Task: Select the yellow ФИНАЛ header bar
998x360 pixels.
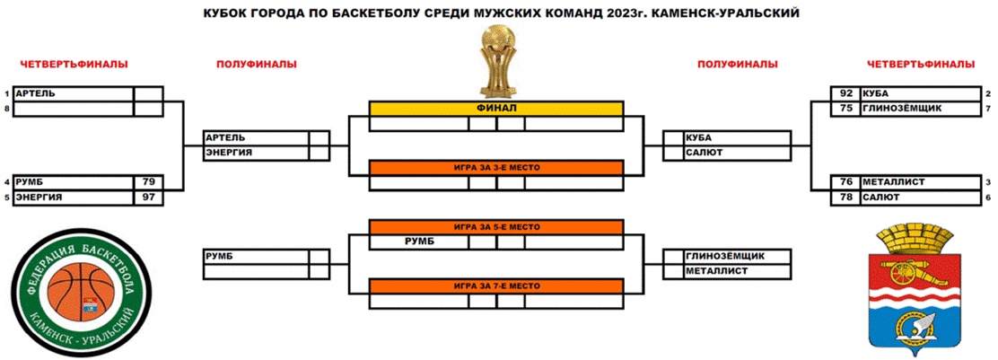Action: [x=495, y=109]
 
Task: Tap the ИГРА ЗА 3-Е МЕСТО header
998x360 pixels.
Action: [x=495, y=168]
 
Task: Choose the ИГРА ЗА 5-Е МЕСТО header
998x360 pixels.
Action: [x=495, y=227]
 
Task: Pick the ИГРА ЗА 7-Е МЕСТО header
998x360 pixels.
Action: [x=495, y=286]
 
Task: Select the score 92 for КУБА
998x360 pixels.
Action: [x=846, y=93]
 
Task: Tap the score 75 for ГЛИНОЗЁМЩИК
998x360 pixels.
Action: [x=846, y=109]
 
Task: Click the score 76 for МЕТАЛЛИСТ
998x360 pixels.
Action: [x=846, y=182]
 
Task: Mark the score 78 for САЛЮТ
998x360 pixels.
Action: [x=846, y=198]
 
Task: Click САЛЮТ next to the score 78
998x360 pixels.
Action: [x=881, y=198]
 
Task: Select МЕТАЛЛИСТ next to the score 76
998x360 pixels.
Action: [x=894, y=182]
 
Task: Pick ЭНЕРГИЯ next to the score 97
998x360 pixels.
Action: [x=39, y=198]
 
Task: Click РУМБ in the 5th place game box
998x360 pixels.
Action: [x=419, y=242]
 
